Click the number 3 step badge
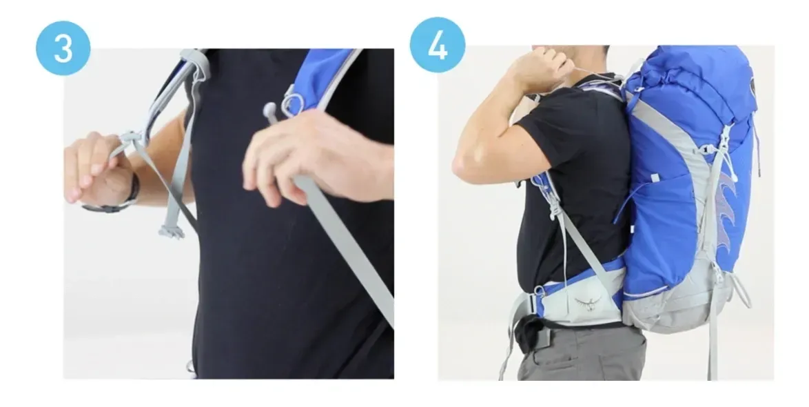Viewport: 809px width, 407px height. click(63, 48)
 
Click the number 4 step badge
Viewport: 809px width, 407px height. click(438, 45)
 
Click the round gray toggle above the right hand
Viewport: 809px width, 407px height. click(270, 110)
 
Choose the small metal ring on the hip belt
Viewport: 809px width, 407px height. click(539, 291)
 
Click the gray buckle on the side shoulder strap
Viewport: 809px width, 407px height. click(555, 208)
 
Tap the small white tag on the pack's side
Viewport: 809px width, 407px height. click(654, 178)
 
